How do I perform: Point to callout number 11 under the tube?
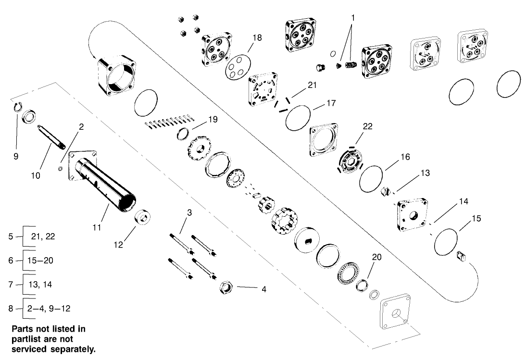pyautogui.click(x=97, y=225)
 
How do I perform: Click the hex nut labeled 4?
pyautogui.click(x=226, y=288)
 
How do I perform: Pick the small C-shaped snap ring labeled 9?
pyautogui.click(x=16, y=108)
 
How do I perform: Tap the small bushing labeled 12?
pyautogui.click(x=143, y=217)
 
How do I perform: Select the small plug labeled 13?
pyautogui.click(x=384, y=192)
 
